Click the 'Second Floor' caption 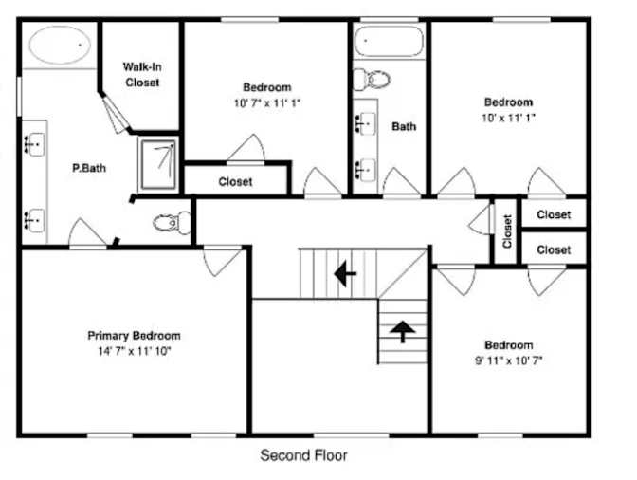click(x=303, y=455)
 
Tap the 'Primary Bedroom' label click(x=134, y=336)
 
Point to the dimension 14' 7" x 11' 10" click(x=134, y=351)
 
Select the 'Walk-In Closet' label click(x=142, y=74)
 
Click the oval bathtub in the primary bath click(x=60, y=45)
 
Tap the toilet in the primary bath click(x=172, y=223)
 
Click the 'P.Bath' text click(x=89, y=168)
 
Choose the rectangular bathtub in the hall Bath click(x=389, y=41)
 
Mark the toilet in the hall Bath click(x=372, y=80)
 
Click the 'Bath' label click(x=404, y=126)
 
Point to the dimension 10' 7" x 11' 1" click(x=267, y=102)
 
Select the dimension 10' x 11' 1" click(x=508, y=118)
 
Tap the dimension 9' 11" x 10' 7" click(x=509, y=360)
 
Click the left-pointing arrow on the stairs click(x=345, y=274)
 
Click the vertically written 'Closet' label click(x=506, y=231)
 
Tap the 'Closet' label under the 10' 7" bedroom click(x=235, y=182)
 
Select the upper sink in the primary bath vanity click(x=34, y=144)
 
